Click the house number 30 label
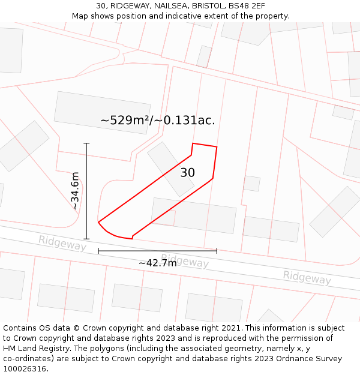click(187, 173)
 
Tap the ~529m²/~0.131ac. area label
click(157, 120)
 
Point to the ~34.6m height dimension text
click(74, 191)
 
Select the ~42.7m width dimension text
click(157, 263)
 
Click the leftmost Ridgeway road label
click(62, 243)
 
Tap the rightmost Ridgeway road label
click(307, 277)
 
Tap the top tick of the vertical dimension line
click(86, 143)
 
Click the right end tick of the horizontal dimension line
click(217, 250)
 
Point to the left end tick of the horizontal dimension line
click(98, 250)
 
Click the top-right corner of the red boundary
click(217, 146)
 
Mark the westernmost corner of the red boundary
click(98, 223)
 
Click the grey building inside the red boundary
click(170, 169)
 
